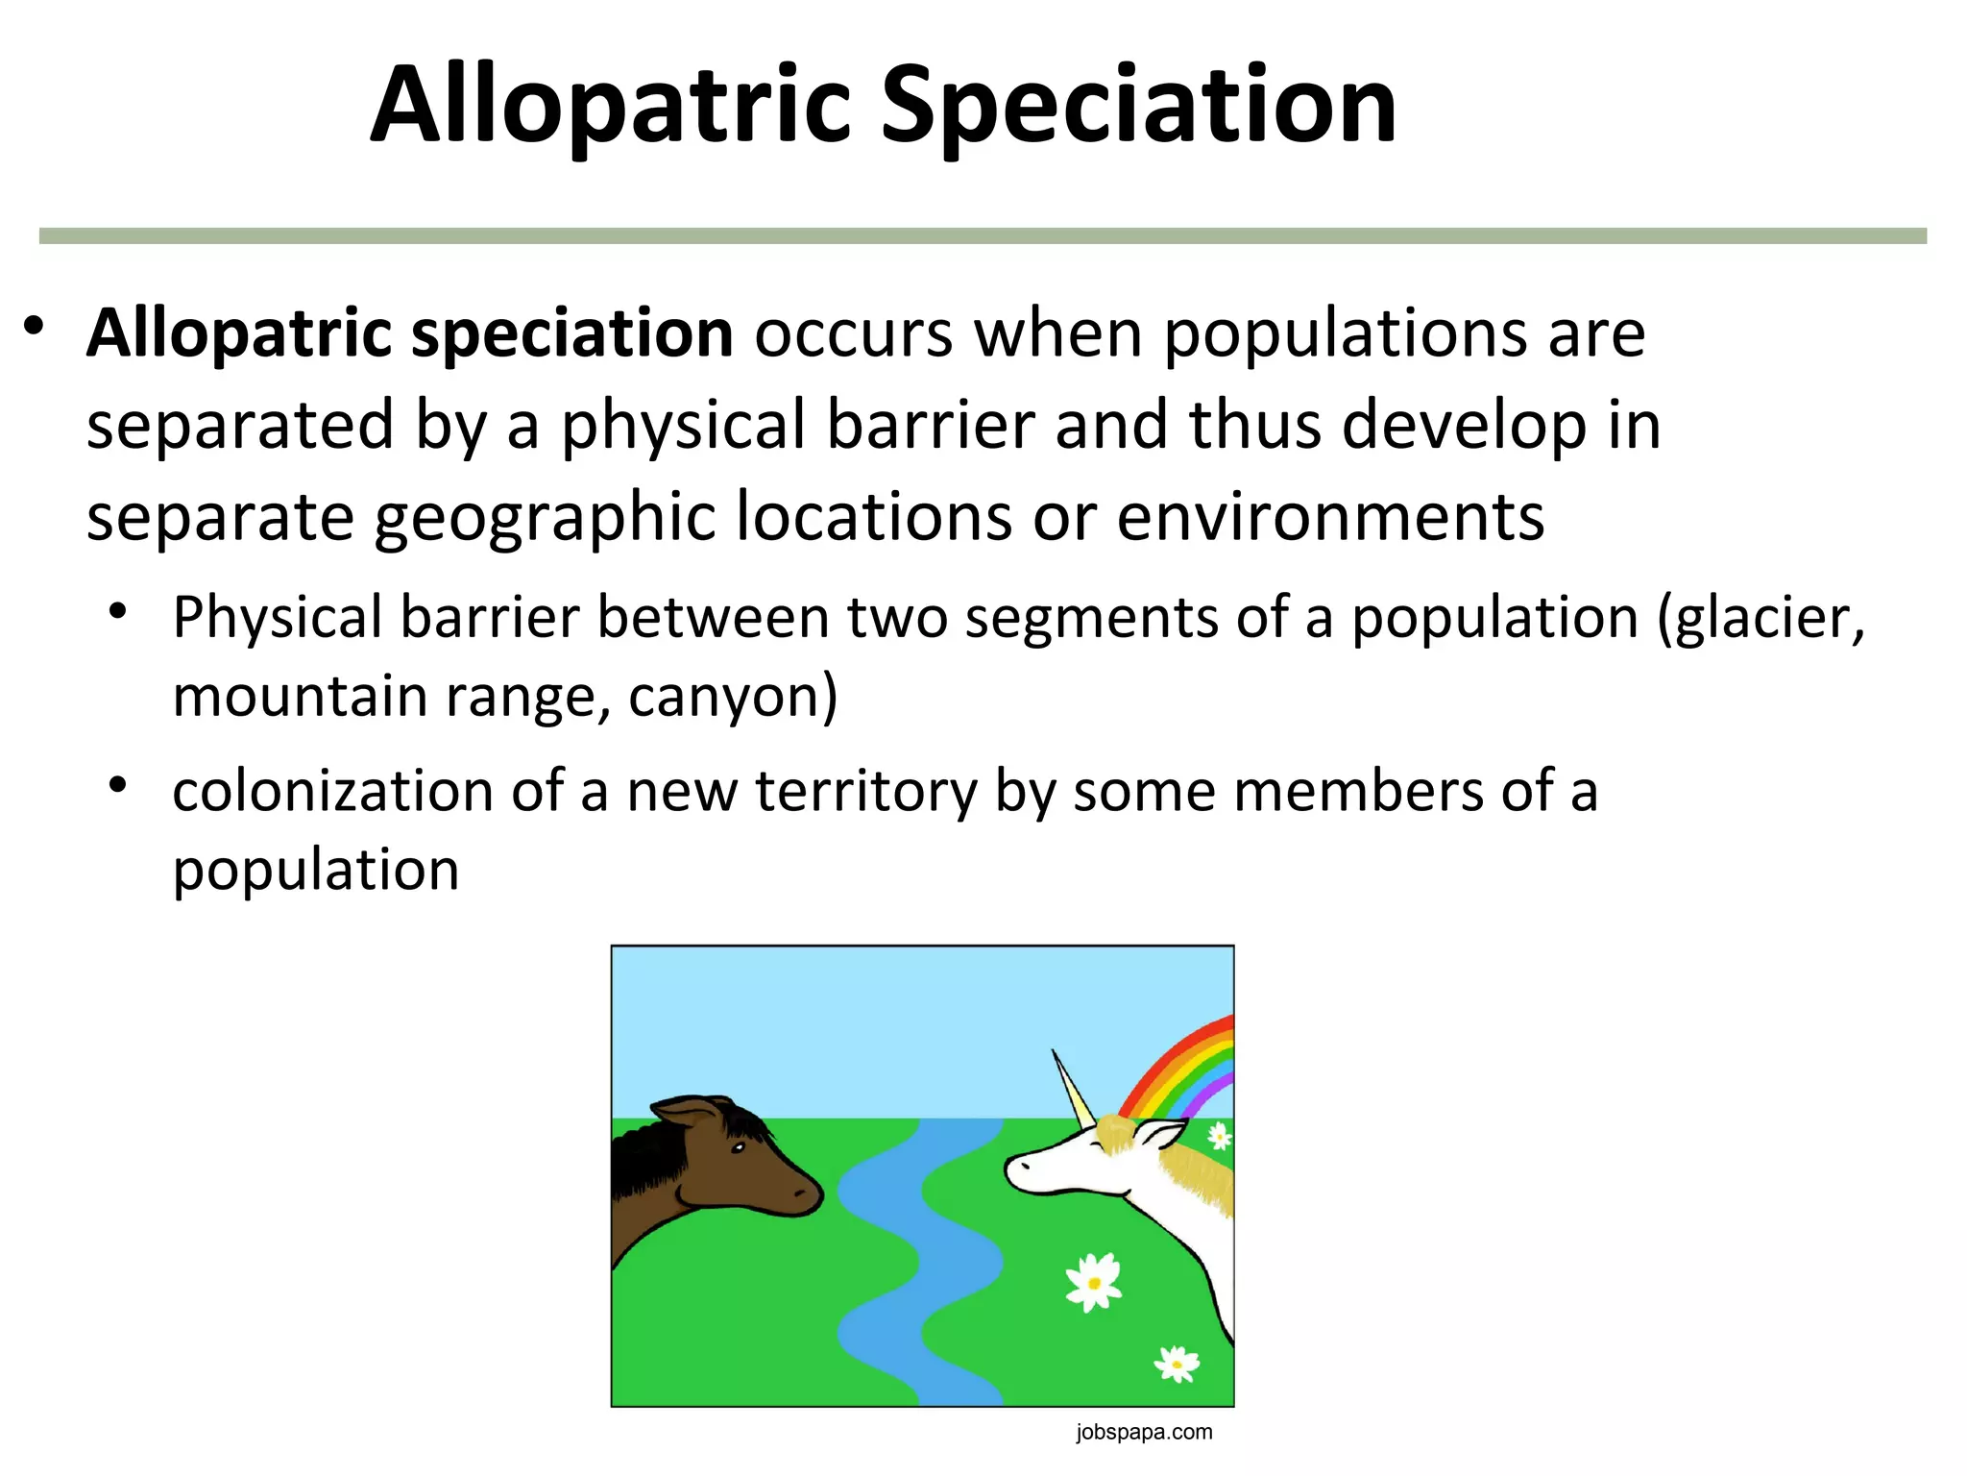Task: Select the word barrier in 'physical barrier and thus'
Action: tap(931, 425)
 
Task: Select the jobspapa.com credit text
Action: tap(1144, 1433)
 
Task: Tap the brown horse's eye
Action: tap(738, 1147)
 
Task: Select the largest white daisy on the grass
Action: tap(1093, 1282)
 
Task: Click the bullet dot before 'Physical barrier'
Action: tap(117, 612)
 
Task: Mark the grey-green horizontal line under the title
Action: tap(983, 235)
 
